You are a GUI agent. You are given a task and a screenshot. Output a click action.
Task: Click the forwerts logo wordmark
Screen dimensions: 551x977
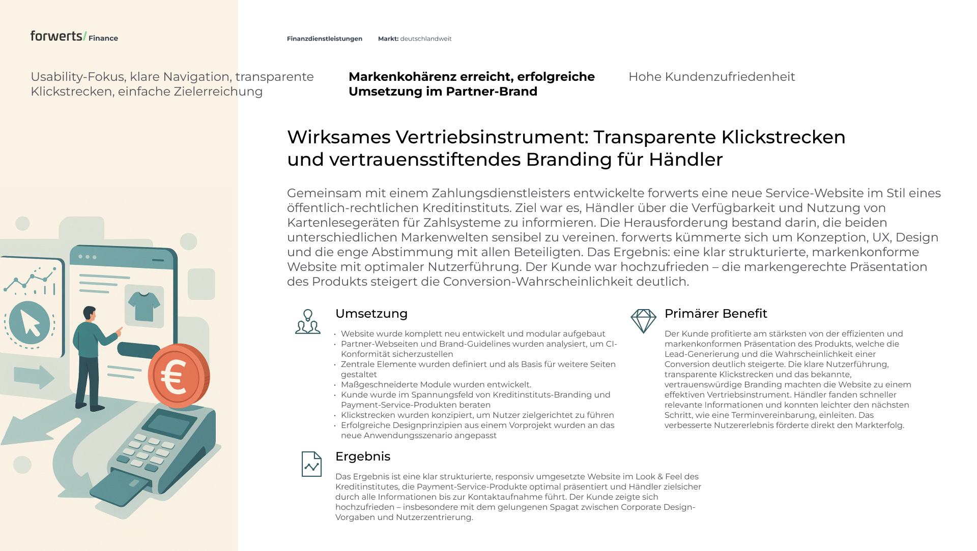pos(56,36)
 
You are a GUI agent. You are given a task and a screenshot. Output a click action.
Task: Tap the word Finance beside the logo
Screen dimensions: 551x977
pos(103,38)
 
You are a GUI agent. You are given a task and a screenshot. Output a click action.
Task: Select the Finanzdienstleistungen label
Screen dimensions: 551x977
pos(324,39)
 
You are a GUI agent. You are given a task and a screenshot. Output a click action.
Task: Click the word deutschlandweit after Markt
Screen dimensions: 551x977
pos(426,39)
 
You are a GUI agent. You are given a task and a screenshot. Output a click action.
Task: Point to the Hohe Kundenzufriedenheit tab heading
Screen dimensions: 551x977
pos(711,77)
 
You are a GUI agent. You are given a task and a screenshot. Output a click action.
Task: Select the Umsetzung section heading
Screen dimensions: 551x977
pos(371,314)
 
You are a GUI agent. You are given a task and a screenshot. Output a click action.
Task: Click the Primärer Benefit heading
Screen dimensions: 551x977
pos(715,314)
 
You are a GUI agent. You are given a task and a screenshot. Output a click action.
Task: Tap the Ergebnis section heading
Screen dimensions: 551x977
pos(362,456)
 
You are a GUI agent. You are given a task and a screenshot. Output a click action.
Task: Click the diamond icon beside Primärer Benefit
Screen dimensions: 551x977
pos(643,321)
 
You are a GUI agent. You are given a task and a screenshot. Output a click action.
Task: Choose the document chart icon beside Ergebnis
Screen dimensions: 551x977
pos(311,464)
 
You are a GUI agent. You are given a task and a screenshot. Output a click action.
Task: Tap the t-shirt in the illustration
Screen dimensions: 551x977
pos(144,306)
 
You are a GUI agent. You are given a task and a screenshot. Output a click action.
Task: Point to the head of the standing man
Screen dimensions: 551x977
pos(90,313)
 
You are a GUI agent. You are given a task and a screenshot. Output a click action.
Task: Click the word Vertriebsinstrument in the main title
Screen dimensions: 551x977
pos(491,137)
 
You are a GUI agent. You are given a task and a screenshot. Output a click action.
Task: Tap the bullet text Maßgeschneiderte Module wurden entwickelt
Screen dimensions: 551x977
pos(436,385)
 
